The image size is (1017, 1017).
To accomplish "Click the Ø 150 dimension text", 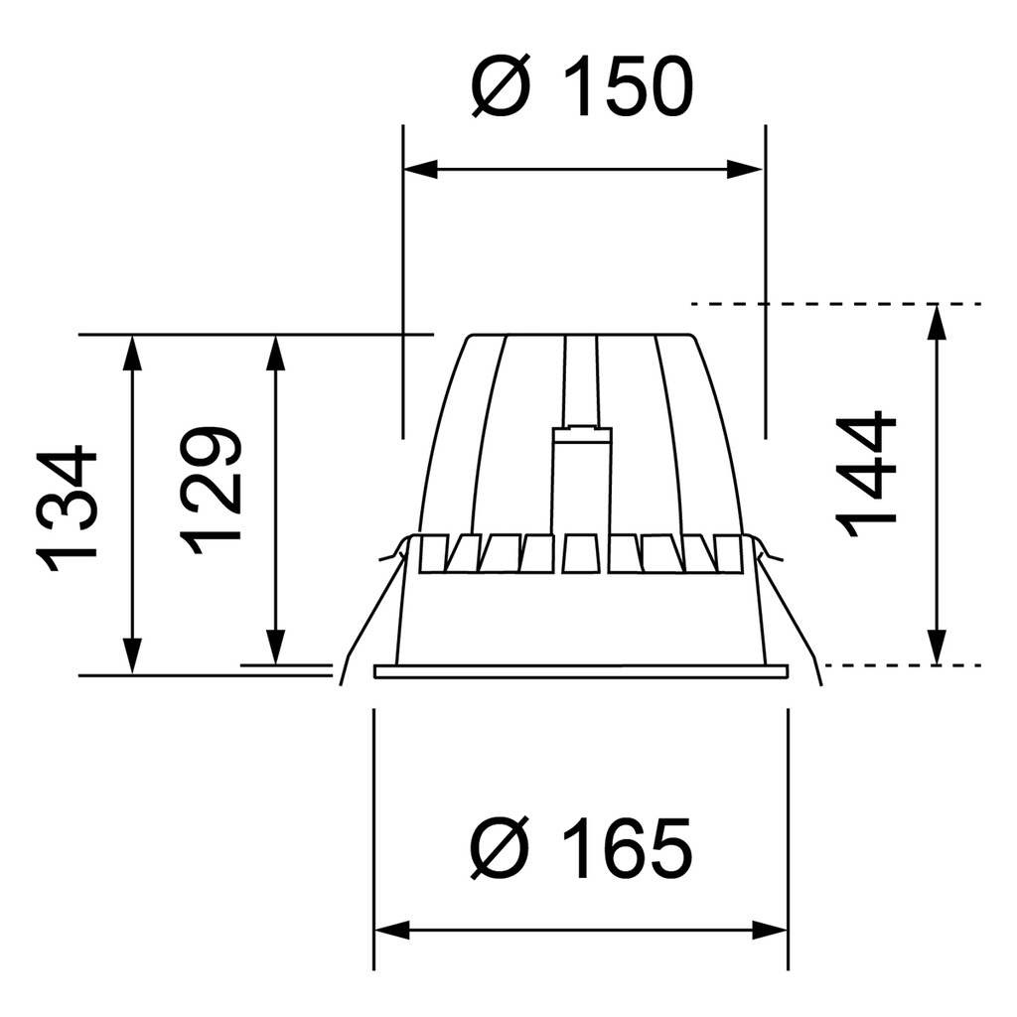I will (581, 86).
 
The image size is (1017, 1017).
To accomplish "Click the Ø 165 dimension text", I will (581, 849).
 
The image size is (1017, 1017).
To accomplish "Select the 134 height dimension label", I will (70, 509).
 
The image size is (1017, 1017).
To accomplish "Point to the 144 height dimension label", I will (866, 474).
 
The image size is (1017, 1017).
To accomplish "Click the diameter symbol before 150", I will (501, 86).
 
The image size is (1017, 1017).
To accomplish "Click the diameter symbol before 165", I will (501, 849).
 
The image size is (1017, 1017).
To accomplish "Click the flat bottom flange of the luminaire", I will (581, 671).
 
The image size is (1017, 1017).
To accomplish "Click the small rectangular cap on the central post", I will (581, 434).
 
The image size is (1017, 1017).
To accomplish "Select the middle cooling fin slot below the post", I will (580, 554).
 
